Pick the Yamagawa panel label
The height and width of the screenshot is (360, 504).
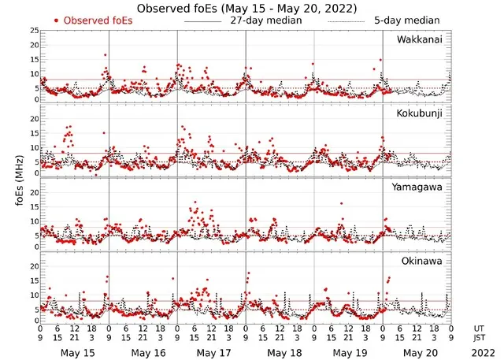421,187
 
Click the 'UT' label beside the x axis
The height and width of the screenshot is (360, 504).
476,328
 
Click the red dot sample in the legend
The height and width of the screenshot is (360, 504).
57,20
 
